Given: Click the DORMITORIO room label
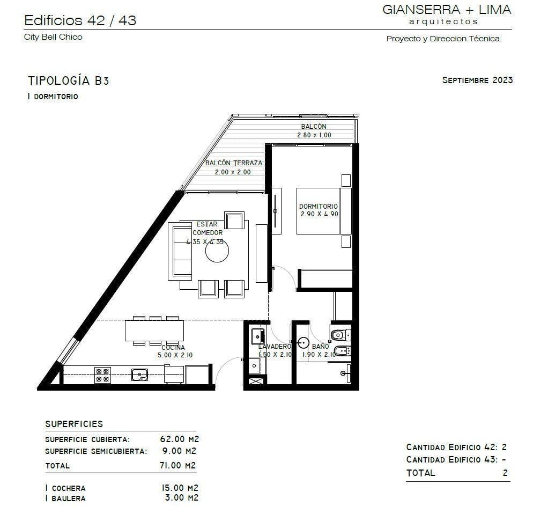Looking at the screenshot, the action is (x=318, y=206).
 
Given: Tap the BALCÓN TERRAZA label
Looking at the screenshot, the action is (x=234, y=163).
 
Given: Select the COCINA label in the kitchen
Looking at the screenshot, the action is (x=173, y=347).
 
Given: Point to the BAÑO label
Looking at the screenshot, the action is (x=320, y=346).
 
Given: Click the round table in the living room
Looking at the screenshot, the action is (x=217, y=251).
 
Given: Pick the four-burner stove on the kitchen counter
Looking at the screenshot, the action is (x=102, y=375).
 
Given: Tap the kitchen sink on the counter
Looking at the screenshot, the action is (x=140, y=375).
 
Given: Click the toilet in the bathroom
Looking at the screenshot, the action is (x=340, y=335).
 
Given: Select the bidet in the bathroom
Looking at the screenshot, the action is (x=342, y=350).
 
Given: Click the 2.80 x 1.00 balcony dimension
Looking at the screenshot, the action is (x=314, y=135).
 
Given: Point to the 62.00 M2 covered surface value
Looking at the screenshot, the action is (x=180, y=439).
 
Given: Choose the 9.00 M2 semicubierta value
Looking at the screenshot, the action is (x=180, y=451).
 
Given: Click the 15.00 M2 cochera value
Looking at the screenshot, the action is (x=180, y=488).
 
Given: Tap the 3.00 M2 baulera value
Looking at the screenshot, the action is (x=182, y=498).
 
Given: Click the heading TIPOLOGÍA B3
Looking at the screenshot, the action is (x=68, y=81).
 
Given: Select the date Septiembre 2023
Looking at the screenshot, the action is (x=477, y=80).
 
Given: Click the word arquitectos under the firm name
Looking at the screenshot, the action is (x=443, y=21).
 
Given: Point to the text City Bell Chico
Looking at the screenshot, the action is (x=53, y=37).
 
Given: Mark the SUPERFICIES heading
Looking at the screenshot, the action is (x=74, y=424).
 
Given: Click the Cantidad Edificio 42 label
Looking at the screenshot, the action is (x=453, y=447).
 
